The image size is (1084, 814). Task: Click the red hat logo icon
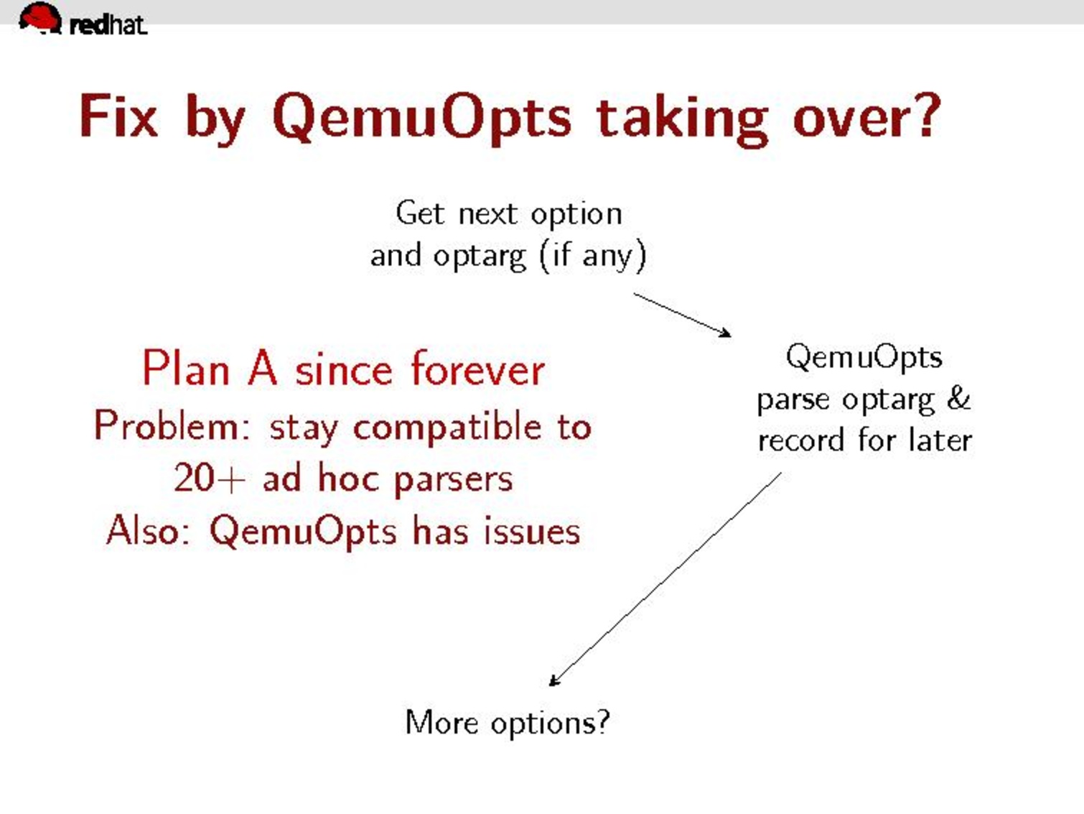coord(40,18)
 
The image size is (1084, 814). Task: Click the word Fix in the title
coord(118,116)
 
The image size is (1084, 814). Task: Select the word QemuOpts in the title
coord(422,119)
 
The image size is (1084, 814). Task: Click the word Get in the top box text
coord(420,213)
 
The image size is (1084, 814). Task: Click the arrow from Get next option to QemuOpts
coord(682,315)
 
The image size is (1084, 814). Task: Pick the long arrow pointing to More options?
coord(665,579)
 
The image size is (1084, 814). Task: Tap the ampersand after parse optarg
coord(959,398)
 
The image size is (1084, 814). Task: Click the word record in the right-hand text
coord(800,440)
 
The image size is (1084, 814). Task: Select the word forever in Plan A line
coord(478,369)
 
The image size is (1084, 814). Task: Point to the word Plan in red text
coord(186,368)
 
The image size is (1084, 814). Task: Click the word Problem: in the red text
coord(173,425)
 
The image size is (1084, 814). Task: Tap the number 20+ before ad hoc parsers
coord(210,478)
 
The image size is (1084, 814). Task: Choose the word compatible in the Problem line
coord(447,428)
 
